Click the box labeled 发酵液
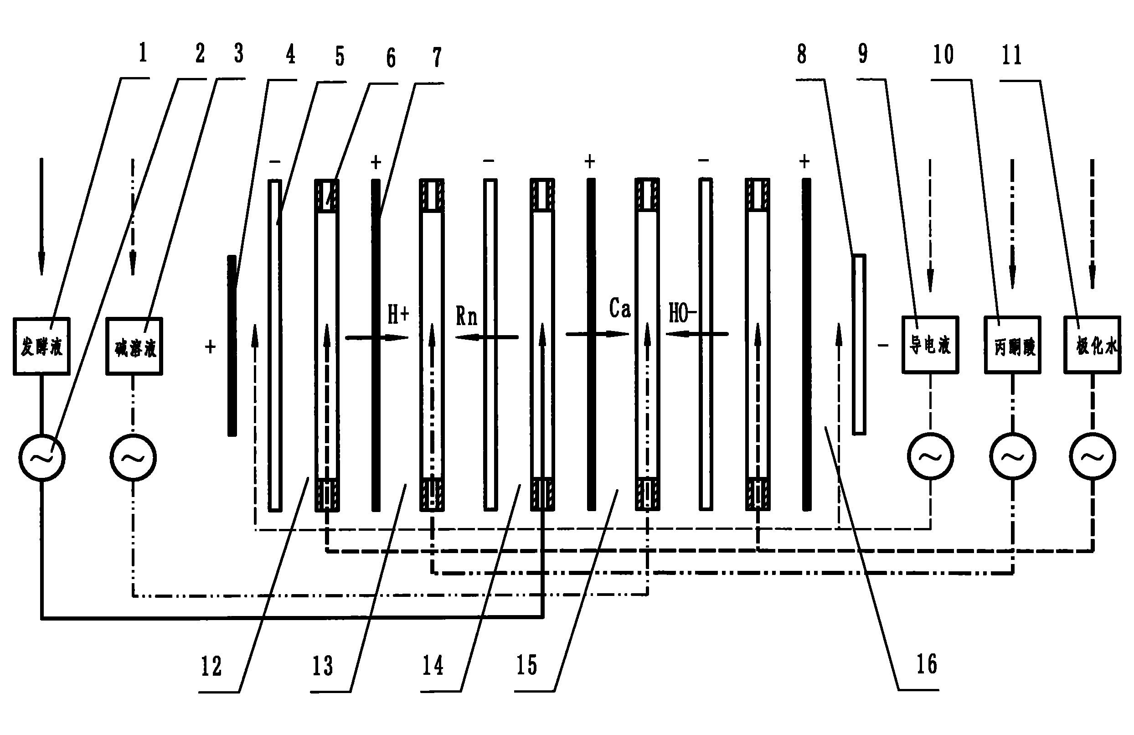point(41,346)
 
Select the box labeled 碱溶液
point(134,347)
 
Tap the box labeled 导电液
point(930,344)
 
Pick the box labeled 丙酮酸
point(1012,345)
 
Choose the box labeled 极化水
point(1092,345)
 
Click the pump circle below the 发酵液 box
point(41,458)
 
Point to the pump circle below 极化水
point(1092,456)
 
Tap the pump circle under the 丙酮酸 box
point(1012,456)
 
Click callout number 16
point(927,664)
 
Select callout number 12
point(211,666)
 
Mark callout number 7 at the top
point(437,57)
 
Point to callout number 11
point(1011,55)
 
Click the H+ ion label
point(398,315)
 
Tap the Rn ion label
point(466,316)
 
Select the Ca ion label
point(619,308)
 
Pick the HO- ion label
point(682,313)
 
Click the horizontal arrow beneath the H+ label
point(377,337)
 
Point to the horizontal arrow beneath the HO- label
point(697,334)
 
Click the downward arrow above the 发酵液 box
point(41,217)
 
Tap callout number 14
point(433,665)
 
